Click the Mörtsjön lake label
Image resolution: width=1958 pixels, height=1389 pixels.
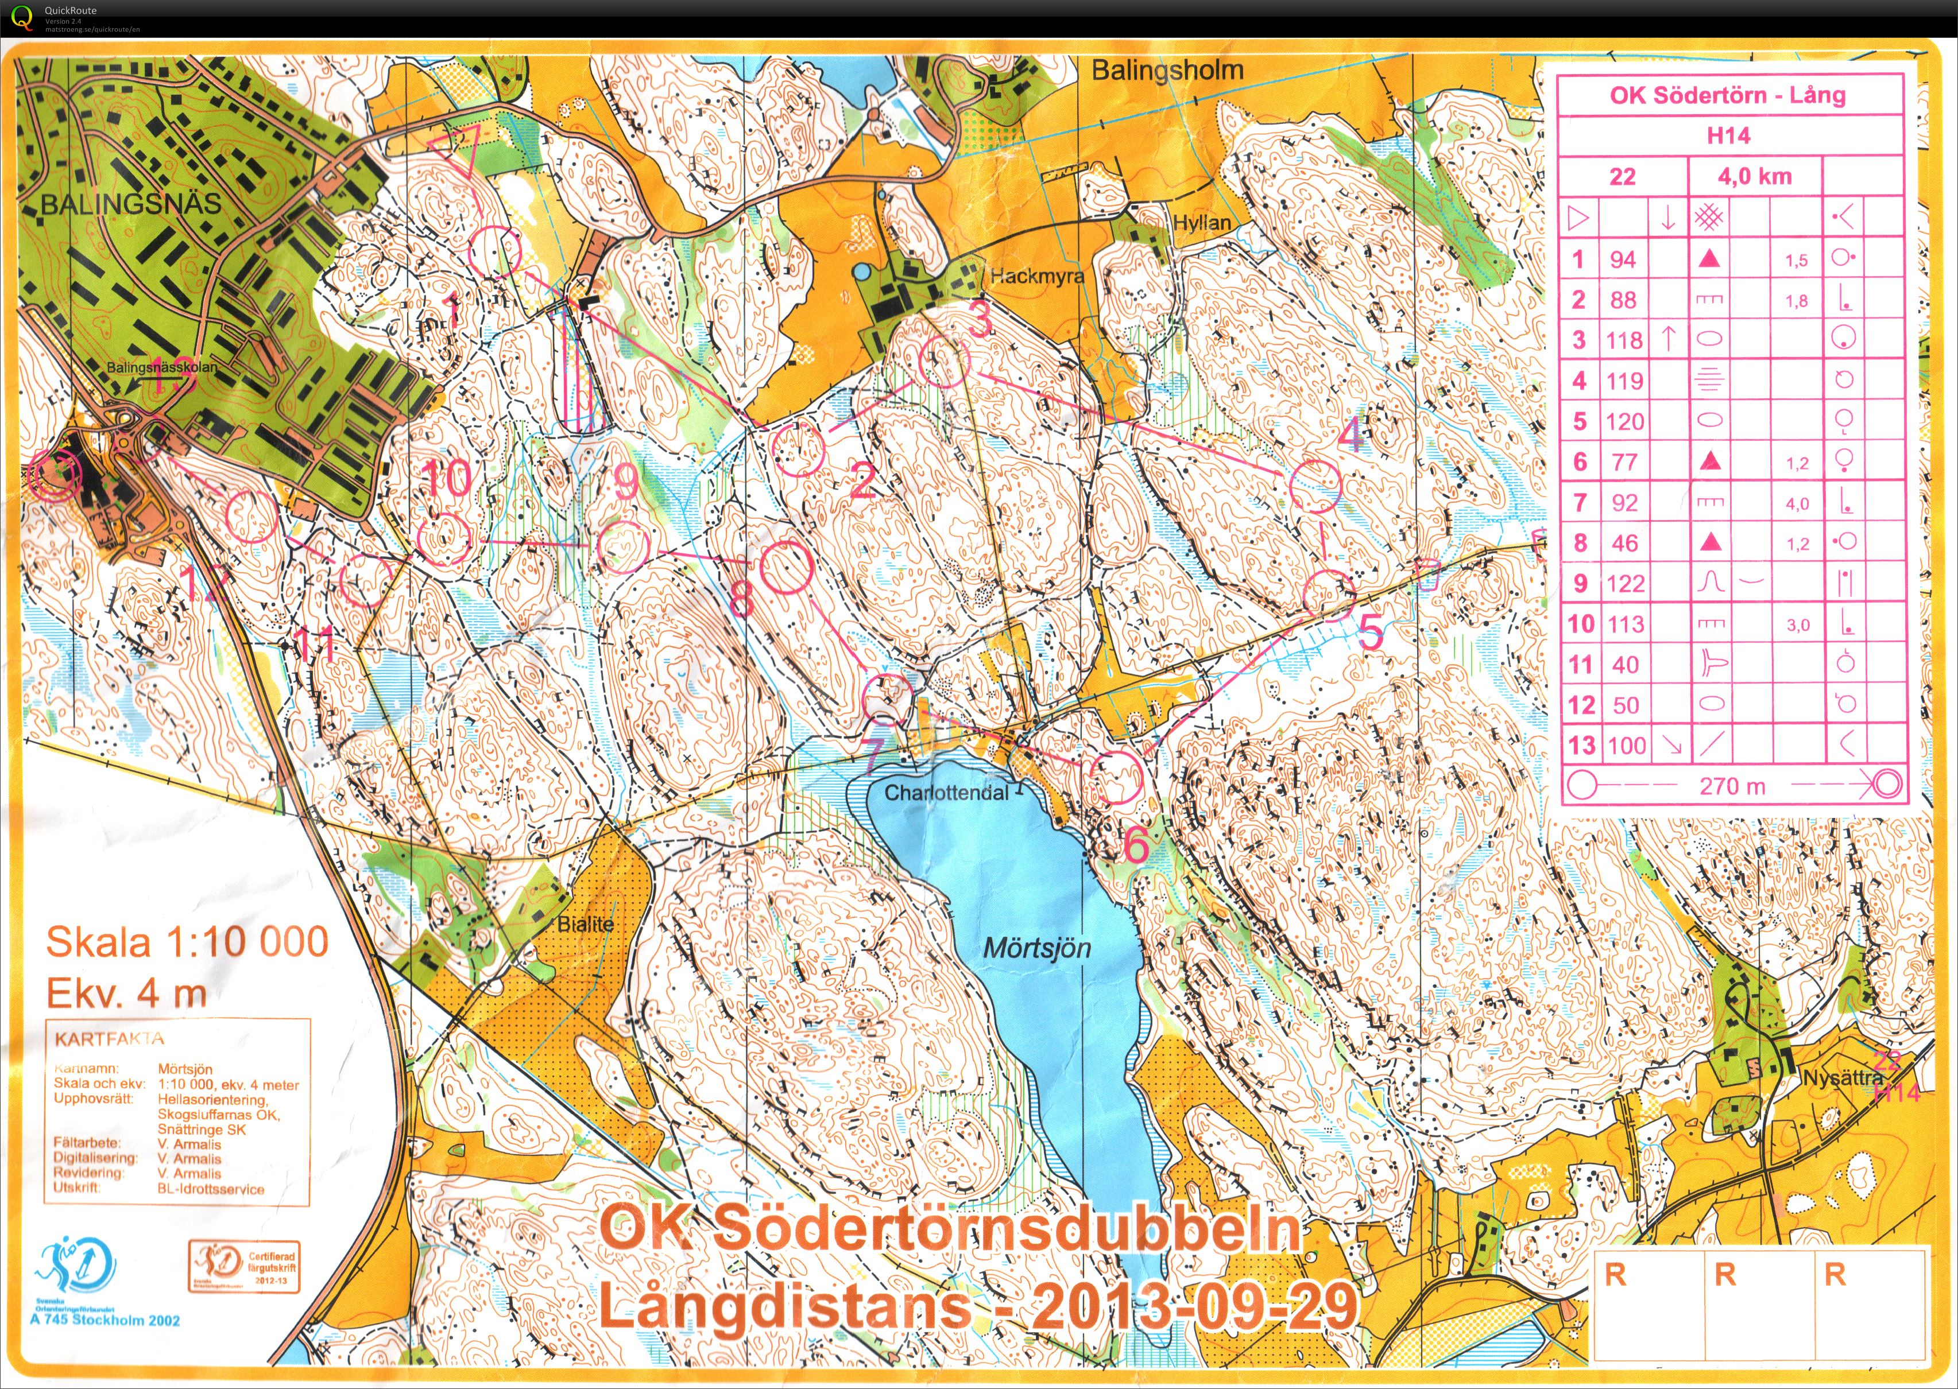1037,948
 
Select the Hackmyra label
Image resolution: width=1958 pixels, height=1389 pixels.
1037,276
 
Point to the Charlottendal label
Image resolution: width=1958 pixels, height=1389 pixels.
946,792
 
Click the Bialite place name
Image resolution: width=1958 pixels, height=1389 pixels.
585,924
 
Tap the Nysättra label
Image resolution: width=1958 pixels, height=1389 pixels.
1841,1078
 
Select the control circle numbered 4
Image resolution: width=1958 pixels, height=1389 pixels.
1314,486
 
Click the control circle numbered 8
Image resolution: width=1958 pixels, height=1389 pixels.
786,567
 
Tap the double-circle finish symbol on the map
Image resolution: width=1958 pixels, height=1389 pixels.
54,474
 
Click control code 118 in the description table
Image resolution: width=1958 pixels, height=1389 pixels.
1624,340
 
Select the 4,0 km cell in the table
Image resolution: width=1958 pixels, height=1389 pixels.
1754,176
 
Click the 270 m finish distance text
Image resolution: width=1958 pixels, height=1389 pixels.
1731,785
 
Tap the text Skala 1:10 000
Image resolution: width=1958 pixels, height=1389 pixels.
187,942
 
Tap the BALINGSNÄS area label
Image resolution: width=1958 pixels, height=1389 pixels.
130,204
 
